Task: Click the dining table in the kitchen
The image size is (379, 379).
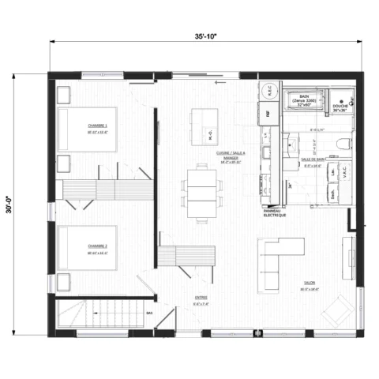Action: pos(201,189)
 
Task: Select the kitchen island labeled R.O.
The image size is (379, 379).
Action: pos(201,122)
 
